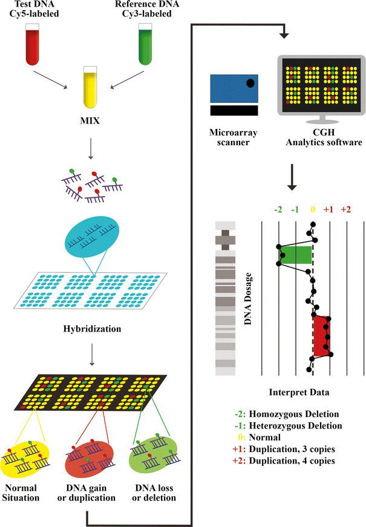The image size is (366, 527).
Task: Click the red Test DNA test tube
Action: (x=33, y=44)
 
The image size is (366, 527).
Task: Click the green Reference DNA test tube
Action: (x=146, y=44)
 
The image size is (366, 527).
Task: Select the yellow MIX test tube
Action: (x=90, y=87)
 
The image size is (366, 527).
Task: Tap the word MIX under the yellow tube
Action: (x=90, y=120)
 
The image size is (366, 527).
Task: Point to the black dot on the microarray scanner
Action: (x=250, y=83)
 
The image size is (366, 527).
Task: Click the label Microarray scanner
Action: (x=234, y=137)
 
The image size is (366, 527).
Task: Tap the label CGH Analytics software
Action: (x=324, y=137)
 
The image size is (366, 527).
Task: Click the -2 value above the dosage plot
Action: (x=278, y=209)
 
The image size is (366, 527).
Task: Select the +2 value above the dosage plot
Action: (x=346, y=209)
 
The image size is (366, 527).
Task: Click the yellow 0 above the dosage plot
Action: (x=313, y=209)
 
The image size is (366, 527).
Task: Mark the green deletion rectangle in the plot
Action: (x=295, y=255)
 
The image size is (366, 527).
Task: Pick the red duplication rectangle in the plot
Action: (x=322, y=336)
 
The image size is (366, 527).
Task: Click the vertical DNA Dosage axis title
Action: (x=248, y=299)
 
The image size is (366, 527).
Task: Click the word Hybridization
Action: (x=92, y=329)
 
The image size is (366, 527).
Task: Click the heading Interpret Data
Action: (x=299, y=392)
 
